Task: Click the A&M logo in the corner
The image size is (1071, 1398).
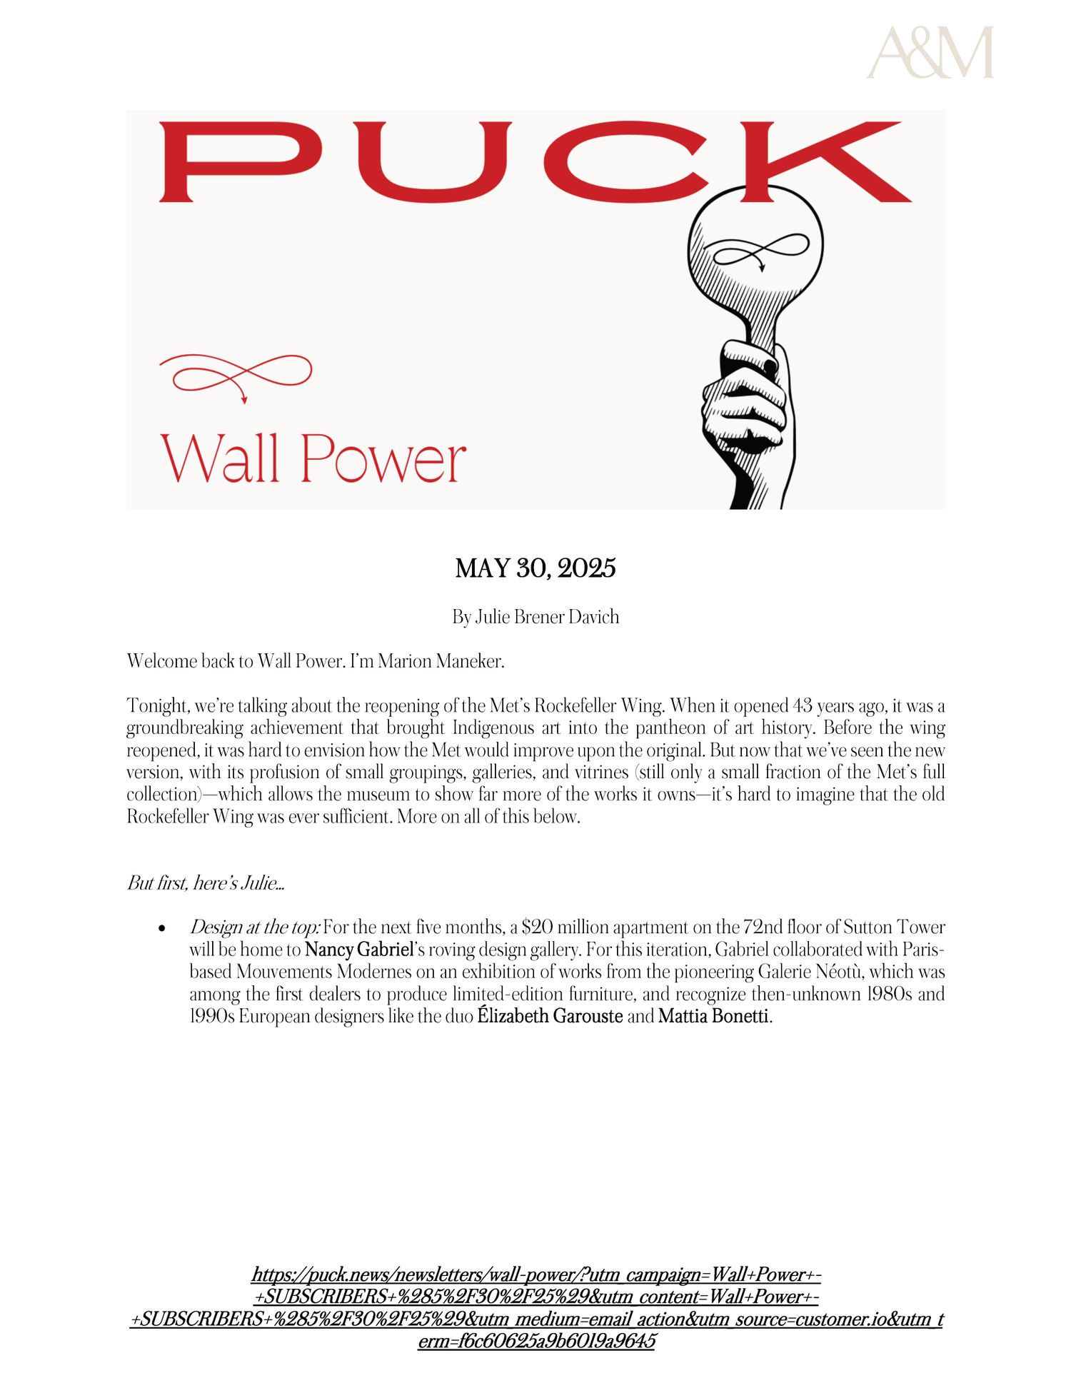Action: pos(930,53)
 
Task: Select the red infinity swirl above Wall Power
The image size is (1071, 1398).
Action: pos(236,375)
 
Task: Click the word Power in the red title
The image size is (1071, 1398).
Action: pos(383,459)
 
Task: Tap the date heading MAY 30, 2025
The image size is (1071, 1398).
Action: pos(535,568)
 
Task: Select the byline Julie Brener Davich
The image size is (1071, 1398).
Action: pos(547,617)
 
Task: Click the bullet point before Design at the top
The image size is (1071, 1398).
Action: pos(164,928)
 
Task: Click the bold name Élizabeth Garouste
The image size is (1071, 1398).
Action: pos(550,1015)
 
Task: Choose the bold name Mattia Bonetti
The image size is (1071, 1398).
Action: pos(713,1015)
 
